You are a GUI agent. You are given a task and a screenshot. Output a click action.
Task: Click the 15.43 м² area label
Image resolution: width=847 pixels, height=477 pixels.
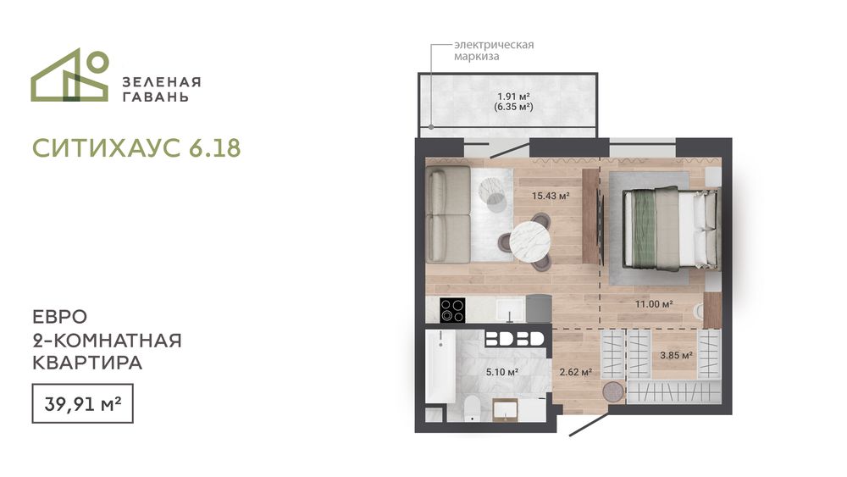tap(551, 196)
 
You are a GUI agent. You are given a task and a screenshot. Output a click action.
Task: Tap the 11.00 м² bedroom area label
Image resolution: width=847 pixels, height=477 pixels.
tap(654, 304)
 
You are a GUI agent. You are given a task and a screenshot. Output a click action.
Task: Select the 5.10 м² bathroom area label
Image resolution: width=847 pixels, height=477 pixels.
tap(502, 372)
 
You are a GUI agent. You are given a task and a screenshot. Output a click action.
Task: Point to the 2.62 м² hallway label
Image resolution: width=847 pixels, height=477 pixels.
tap(575, 372)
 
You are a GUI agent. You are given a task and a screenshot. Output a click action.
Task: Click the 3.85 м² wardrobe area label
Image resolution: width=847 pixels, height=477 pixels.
tap(676, 356)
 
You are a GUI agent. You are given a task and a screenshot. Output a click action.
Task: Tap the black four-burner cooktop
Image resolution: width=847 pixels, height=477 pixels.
tap(452, 311)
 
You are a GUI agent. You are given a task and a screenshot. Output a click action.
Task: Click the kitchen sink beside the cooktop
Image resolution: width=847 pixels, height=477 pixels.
tap(510, 309)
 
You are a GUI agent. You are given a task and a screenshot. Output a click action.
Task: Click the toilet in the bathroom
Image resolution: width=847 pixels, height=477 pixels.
tap(472, 409)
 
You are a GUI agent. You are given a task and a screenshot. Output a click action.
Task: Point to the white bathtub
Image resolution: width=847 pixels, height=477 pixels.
tap(440, 366)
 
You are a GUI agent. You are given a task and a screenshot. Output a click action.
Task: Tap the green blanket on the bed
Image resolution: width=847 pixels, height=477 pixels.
tap(645, 229)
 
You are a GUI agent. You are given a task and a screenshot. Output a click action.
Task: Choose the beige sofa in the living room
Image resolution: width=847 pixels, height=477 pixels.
tap(448, 214)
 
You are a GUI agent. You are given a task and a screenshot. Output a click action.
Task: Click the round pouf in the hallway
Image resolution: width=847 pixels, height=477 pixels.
tap(612, 391)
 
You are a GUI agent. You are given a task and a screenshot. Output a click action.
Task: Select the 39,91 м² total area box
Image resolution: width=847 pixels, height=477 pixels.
tap(83, 403)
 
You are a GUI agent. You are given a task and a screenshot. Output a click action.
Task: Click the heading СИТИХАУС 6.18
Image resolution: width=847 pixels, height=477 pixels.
tap(136, 148)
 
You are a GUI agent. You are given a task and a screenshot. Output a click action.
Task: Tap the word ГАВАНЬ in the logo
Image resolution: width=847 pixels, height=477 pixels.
tap(156, 97)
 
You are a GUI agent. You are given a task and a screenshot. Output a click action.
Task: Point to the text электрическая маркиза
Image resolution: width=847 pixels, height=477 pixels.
tap(494, 50)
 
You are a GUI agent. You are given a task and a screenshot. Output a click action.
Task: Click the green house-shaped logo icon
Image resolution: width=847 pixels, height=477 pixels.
tap(69, 75)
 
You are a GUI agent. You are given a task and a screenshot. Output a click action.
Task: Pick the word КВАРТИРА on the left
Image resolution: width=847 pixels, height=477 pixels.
tap(87, 363)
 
